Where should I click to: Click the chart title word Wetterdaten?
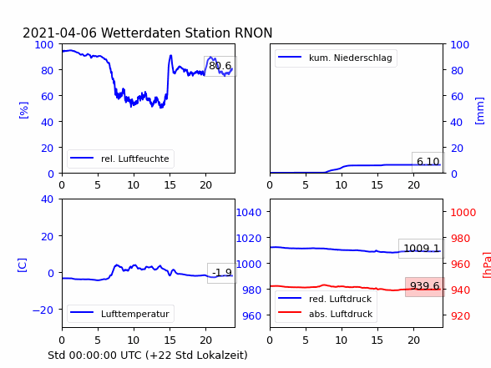[143, 33]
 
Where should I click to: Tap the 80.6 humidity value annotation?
[220, 66]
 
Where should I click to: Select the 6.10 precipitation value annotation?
[428, 162]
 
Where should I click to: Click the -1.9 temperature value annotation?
[222, 273]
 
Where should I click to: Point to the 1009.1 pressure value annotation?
[422, 249]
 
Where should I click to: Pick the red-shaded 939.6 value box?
[425, 286]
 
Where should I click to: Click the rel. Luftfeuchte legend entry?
[120, 159]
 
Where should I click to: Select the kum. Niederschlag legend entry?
[335, 58]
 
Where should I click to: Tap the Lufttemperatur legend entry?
[120, 314]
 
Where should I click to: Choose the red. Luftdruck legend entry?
[325, 299]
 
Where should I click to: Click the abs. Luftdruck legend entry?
[325, 314]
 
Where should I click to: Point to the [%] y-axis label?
[23, 110]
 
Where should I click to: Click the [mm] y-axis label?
[479, 111]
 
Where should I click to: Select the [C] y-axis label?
[22, 265]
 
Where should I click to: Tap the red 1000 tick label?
[463, 213]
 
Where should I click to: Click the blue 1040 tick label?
[249, 213]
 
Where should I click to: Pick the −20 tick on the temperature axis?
[43, 310]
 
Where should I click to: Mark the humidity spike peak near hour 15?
[170, 56]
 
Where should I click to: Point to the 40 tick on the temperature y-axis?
[47, 199]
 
